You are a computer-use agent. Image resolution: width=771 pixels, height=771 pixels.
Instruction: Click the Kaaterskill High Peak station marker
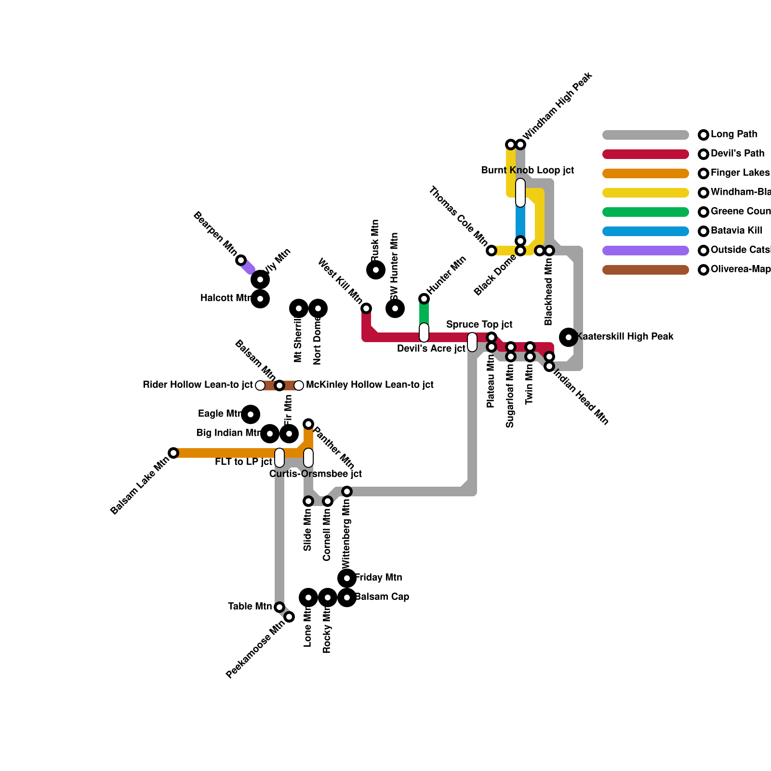569,337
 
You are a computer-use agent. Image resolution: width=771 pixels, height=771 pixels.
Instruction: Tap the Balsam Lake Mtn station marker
173,453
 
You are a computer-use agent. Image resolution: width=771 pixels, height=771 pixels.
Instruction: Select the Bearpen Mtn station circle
241,260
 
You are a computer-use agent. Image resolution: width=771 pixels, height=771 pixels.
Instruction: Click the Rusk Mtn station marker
376,270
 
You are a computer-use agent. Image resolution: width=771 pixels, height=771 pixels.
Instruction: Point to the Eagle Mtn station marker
251,414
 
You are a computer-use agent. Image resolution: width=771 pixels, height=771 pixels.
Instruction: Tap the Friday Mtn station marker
347,578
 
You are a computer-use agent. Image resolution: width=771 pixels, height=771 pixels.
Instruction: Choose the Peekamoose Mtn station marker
289,617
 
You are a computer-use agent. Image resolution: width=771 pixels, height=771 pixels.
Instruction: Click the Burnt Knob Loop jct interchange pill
520,193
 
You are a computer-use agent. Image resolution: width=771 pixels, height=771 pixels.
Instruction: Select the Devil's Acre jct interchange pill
424,332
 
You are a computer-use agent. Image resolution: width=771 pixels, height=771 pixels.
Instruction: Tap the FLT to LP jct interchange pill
279,458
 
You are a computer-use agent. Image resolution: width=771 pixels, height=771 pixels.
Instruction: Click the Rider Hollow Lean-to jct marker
260,385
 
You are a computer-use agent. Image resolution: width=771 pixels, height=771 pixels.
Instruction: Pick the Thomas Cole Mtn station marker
492,251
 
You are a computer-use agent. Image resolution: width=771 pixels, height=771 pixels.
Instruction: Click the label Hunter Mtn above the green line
446,275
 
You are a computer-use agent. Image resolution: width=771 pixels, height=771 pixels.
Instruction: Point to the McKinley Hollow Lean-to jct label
370,385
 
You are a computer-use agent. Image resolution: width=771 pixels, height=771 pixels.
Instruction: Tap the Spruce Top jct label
479,324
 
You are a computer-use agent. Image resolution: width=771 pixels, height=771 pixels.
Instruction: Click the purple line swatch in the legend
646,251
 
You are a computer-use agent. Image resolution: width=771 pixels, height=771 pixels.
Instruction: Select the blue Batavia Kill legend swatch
646,231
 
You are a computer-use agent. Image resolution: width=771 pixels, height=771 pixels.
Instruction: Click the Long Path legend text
733,134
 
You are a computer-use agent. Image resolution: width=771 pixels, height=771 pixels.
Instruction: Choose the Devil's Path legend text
737,154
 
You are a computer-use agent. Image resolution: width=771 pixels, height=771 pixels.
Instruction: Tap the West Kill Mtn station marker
366,308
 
